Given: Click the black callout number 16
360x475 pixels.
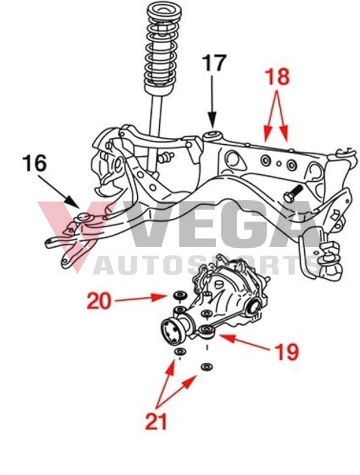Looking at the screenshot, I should point(34,164).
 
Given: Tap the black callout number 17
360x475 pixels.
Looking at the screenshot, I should point(213,63).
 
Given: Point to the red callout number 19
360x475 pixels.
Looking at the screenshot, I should point(287,352).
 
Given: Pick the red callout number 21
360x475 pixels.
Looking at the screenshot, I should point(156,421).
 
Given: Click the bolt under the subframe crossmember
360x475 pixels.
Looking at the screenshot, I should point(292,193).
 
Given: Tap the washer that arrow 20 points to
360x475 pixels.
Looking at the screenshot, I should point(180,295).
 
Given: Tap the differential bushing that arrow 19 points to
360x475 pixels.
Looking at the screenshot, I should point(206,330).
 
